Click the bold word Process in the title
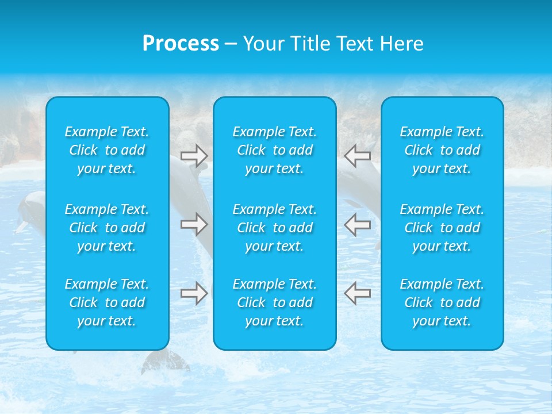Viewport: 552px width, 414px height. [x=181, y=44]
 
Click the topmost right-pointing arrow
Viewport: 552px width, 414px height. [x=194, y=156]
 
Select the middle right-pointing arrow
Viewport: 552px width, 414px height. [x=194, y=224]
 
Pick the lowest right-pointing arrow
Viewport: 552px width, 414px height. [x=194, y=293]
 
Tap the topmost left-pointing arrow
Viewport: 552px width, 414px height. [x=357, y=155]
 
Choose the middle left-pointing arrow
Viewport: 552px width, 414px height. [x=357, y=224]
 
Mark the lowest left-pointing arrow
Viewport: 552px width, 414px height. [x=357, y=293]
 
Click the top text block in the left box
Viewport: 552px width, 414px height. [x=107, y=150]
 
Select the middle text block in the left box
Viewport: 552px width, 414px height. [x=107, y=228]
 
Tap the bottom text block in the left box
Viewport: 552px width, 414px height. [x=107, y=302]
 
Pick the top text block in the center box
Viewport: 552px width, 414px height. [x=274, y=150]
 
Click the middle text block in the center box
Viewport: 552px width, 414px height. [x=274, y=228]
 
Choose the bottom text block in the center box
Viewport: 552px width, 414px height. [x=274, y=302]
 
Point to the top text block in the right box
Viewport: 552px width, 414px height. [x=442, y=150]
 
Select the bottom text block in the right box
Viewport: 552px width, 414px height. [x=442, y=302]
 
